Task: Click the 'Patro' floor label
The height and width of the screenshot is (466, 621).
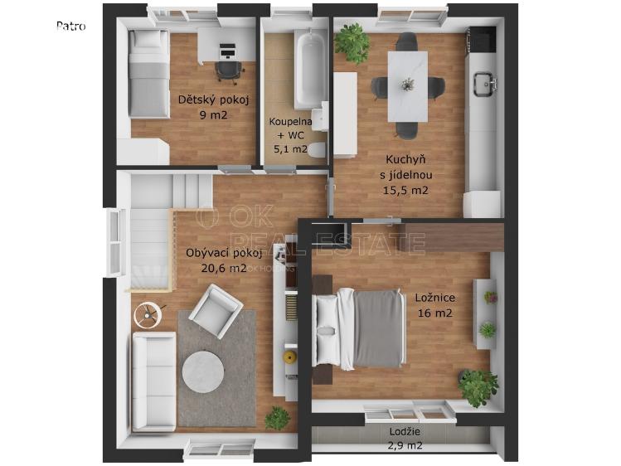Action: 71,27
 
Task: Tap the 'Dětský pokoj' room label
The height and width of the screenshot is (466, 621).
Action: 213,100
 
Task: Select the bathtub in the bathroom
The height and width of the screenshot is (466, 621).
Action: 310,70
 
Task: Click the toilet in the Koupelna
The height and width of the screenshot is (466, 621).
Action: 318,150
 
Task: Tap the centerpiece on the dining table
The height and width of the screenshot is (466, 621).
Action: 407,85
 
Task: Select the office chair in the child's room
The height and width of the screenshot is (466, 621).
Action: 230,72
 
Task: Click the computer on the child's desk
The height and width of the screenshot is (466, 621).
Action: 227,51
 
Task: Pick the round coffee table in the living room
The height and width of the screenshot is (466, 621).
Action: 203,371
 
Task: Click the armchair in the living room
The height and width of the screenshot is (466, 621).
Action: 216,311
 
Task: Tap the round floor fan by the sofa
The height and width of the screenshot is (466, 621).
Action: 148,315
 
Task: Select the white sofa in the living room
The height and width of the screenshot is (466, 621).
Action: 154,381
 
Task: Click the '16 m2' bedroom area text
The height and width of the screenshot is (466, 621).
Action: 434,313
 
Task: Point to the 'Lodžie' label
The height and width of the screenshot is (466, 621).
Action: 405,431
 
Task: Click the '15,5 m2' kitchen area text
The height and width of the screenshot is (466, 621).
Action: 405,191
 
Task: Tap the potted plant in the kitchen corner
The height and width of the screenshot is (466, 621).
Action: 352,43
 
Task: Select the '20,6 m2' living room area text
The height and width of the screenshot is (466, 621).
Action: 224,268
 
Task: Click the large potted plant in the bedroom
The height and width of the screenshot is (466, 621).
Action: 478,387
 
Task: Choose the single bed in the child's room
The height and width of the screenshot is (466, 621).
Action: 149,74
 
